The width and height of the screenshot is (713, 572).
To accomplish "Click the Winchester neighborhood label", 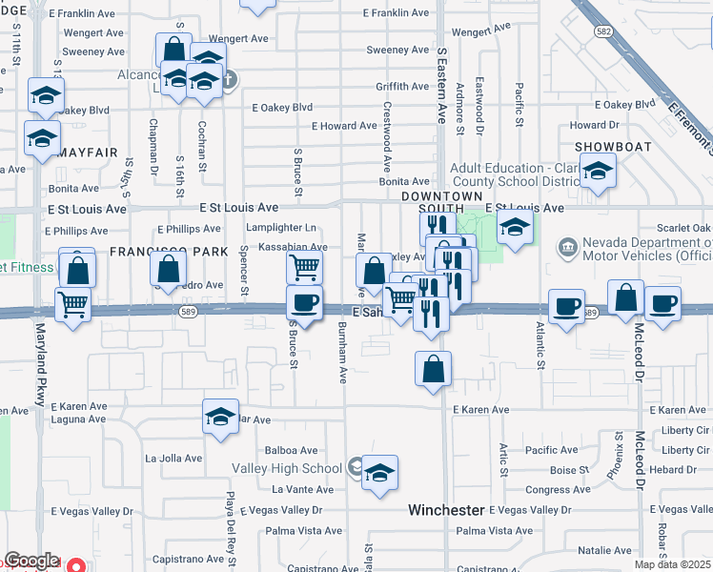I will [x=447, y=510].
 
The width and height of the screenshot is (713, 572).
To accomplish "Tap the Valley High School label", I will [x=287, y=468].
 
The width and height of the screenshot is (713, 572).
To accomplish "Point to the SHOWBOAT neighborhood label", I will [x=613, y=147].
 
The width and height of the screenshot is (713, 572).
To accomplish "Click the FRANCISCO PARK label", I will [x=170, y=252].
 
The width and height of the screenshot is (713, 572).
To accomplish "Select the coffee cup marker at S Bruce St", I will [x=304, y=303].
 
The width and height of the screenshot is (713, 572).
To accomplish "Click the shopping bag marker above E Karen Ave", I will [x=433, y=369].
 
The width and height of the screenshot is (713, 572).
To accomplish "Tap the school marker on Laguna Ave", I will [x=220, y=417].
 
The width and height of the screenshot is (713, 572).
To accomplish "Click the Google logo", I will [x=31, y=561].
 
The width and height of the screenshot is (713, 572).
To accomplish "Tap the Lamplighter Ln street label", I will [x=280, y=228].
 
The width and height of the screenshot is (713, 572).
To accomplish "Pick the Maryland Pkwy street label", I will [x=40, y=363].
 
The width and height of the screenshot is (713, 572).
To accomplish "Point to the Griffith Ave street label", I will [x=403, y=86].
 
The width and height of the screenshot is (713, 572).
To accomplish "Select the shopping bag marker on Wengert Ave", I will [x=173, y=50].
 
